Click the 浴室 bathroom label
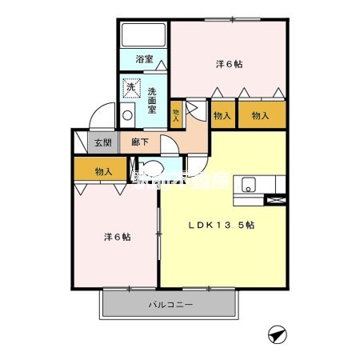click(144, 60)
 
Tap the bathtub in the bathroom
click(143, 35)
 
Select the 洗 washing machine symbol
click(129, 86)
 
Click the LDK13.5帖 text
click(222, 226)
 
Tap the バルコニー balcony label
click(170, 306)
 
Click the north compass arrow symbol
click(277, 334)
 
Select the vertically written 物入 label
click(177, 114)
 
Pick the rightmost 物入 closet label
click(261, 116)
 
